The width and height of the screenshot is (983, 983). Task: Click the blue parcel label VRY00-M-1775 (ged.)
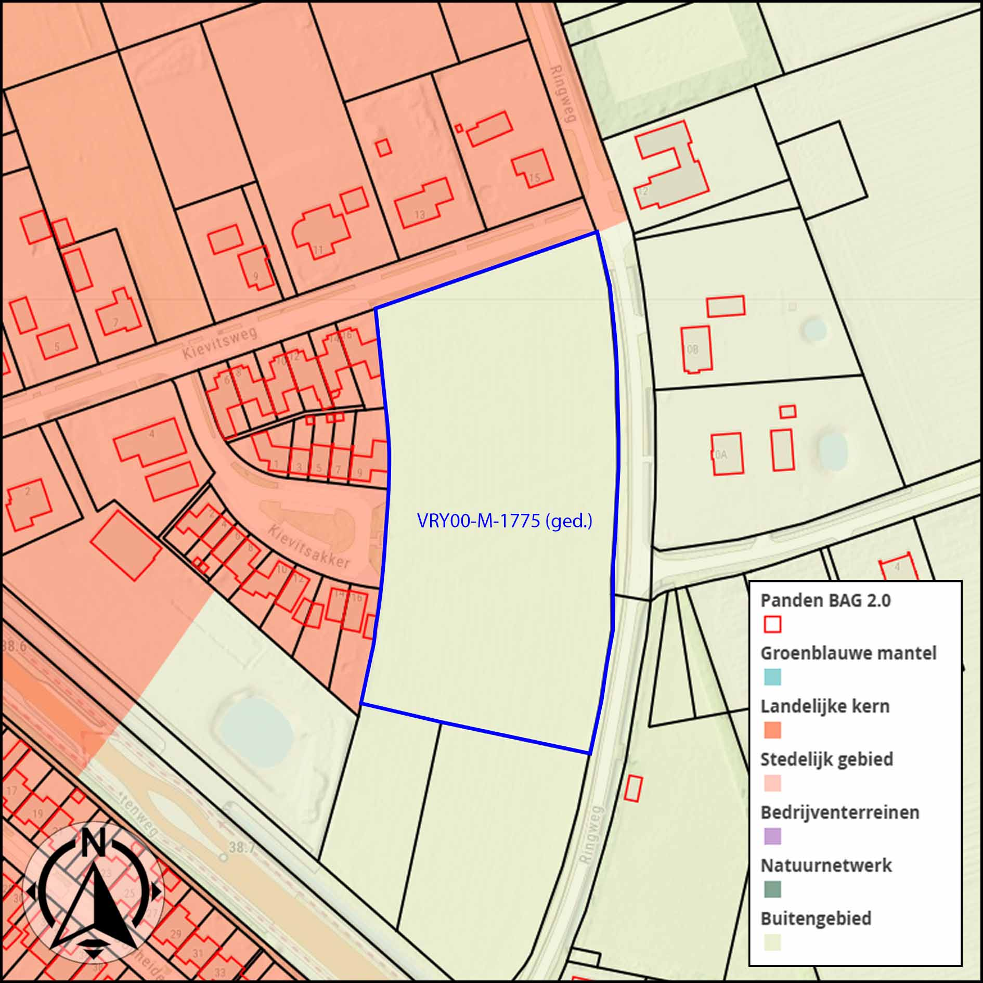(x=505, y=521)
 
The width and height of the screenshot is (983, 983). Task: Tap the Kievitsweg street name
(x=220, y=342)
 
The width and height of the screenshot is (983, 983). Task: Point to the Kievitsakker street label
(x=309, y=546)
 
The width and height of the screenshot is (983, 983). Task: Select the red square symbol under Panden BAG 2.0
(x=772, y=624)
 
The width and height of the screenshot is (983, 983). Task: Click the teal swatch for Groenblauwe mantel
(x=772, y=677)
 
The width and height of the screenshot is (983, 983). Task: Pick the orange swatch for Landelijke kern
(x=772, y=730)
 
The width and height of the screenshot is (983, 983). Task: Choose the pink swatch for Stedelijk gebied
(x=772, y=783)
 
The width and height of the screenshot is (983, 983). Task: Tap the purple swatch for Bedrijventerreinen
(x=772, y=836)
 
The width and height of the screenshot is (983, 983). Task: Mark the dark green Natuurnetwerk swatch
(x=772, y=889)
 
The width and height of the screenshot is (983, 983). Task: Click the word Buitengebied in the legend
(x=816, y=919)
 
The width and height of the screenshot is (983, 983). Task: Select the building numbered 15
(x=532, y=169)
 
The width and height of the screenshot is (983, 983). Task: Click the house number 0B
(x=692, y=350)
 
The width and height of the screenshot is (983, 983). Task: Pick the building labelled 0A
(x=727, y=454)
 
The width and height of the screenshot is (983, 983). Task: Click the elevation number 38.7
(x=242, y=847)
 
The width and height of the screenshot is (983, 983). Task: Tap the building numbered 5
(x=57, y=342)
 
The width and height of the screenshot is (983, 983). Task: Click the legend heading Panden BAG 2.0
(x=825, y=600)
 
